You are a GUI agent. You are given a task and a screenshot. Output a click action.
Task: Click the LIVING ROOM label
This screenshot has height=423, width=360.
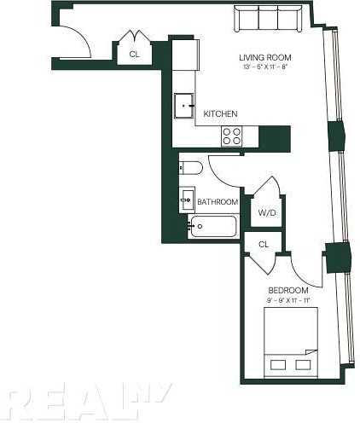262,57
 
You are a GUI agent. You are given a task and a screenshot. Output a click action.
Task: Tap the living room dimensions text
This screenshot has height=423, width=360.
262,67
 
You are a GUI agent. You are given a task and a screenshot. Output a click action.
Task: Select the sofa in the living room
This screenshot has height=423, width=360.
266,18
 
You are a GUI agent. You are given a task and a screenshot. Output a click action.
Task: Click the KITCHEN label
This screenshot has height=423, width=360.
220,113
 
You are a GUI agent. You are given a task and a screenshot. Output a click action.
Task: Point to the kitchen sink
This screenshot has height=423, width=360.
186,107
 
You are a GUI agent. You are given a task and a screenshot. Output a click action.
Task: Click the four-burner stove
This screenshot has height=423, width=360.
233,135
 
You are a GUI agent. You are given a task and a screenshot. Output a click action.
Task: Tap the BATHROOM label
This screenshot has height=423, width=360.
217,202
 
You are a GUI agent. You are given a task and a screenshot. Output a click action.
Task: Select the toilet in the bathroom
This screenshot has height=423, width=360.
190,167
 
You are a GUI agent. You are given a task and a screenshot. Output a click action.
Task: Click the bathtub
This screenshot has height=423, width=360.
214,227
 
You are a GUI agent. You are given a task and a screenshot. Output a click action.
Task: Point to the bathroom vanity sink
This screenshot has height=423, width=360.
188,200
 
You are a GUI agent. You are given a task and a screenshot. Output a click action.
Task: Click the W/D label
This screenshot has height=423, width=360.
265,211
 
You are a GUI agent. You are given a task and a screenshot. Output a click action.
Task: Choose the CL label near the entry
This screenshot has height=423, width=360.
134,54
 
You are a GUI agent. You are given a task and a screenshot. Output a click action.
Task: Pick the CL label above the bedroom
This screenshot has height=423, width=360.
264,244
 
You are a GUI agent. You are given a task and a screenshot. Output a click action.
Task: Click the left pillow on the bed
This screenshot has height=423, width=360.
277,364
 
